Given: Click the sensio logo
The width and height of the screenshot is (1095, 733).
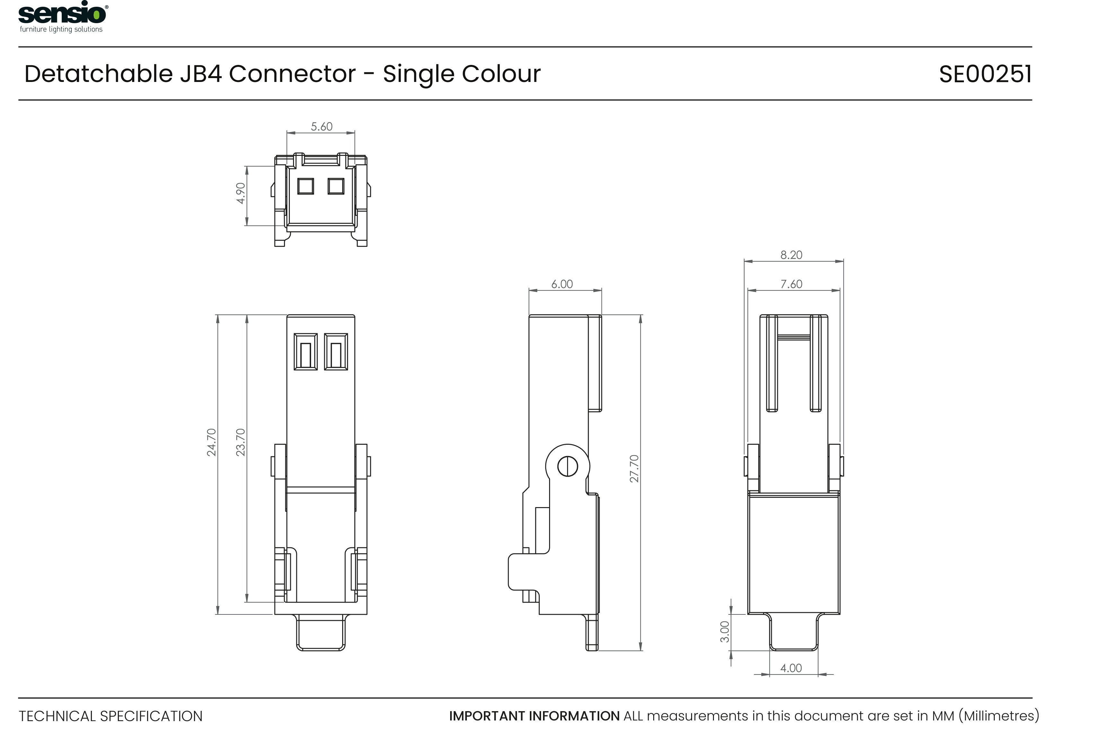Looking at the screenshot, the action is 63,17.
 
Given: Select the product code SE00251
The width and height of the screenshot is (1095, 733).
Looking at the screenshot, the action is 985,74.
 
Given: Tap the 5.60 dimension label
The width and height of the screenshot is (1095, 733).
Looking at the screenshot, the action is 322,126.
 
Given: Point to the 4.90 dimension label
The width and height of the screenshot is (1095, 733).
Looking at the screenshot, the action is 240,193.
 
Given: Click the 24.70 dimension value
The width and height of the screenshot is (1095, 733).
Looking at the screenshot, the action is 212,442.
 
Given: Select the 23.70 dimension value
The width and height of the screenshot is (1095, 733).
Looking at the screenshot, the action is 240,442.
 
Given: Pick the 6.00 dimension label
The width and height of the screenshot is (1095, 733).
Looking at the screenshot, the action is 562,284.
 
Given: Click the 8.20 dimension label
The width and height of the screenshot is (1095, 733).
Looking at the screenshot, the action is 791,255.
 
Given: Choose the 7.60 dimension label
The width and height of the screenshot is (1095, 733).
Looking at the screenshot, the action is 791,284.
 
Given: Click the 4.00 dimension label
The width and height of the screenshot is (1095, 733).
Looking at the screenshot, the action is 791,668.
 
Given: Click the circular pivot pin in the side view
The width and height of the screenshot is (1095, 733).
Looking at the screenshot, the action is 568,466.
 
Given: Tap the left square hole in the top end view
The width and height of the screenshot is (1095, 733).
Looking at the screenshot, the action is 306,186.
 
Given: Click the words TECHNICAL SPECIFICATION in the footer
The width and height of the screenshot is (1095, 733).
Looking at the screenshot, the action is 111,716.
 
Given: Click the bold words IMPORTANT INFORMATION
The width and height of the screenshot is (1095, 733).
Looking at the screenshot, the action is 534,716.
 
